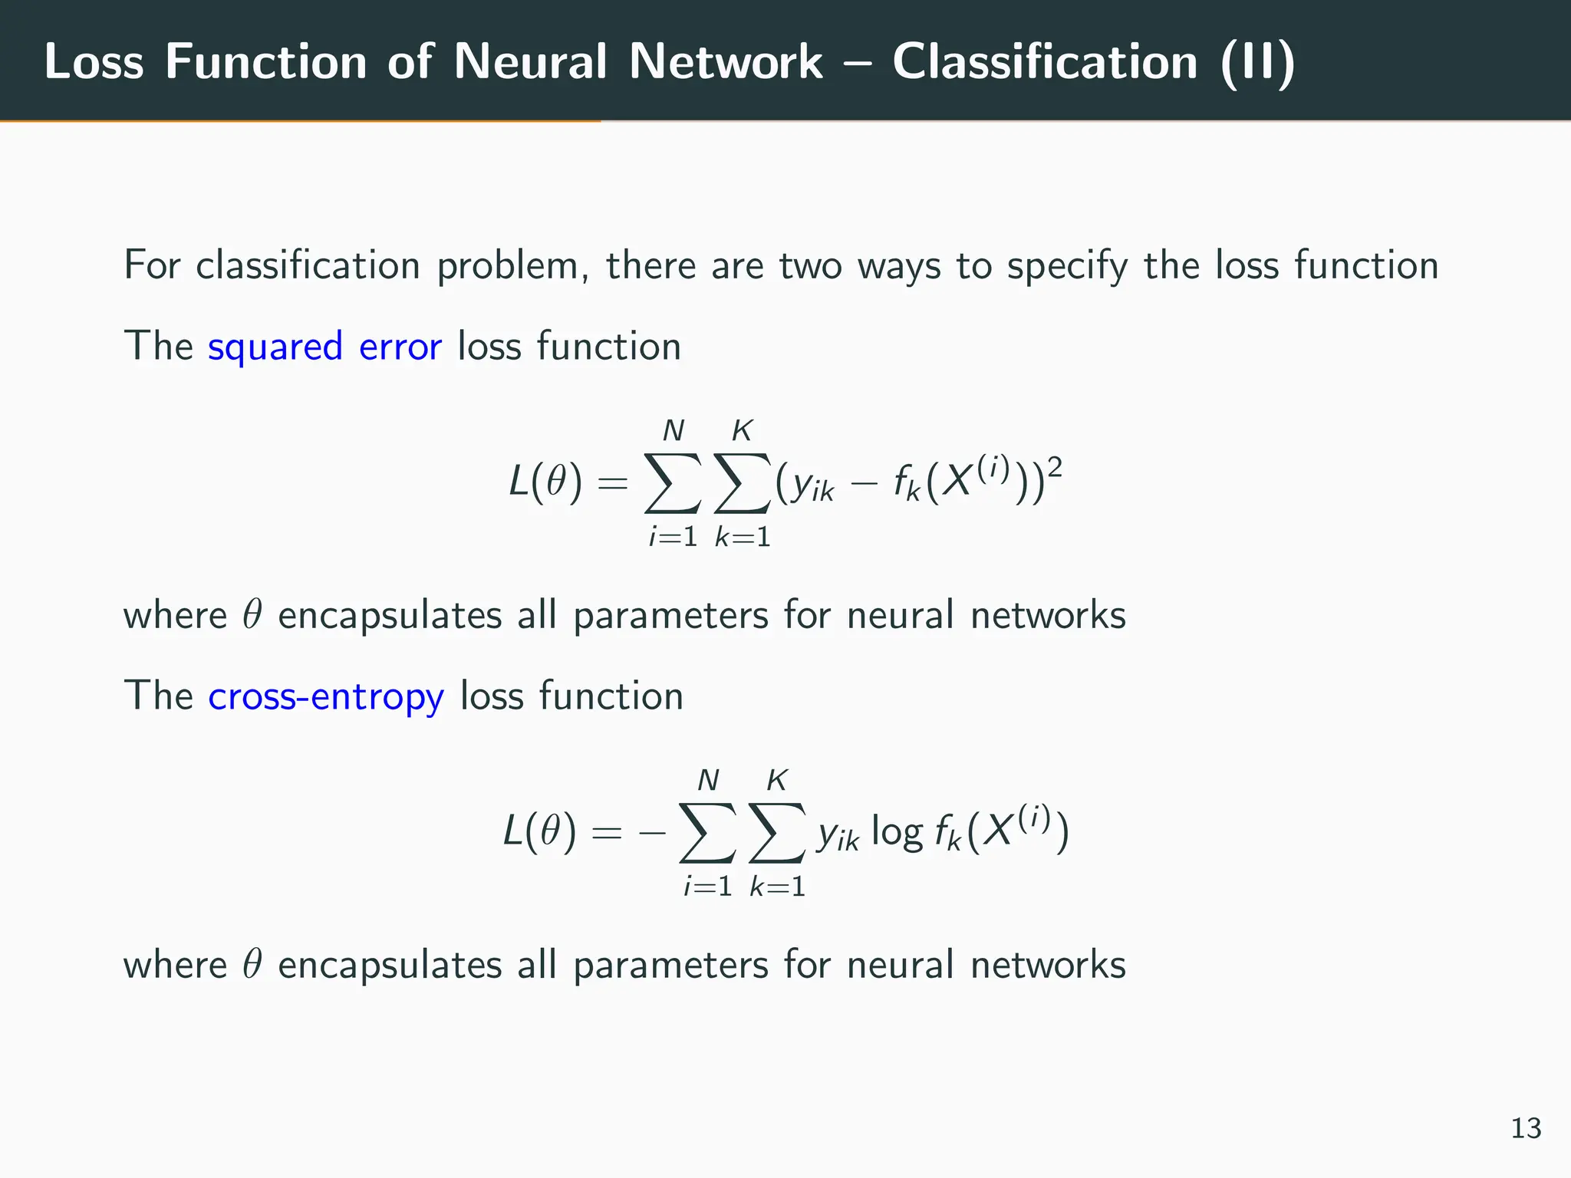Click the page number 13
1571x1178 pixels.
coord(1526,1129)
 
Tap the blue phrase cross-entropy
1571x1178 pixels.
coord(326,696)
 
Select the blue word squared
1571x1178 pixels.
coord(275,347)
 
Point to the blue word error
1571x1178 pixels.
coord(400,347)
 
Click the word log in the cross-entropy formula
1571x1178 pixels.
coord(897,833)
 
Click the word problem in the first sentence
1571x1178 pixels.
coord(513,266)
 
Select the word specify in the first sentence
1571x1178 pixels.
coord(1067,266)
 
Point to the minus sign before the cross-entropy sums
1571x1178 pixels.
coord(652,833)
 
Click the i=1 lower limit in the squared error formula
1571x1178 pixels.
coord(673,537)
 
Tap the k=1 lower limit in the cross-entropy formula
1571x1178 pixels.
coord(777,887)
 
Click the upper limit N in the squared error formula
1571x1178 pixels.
coord(673,432)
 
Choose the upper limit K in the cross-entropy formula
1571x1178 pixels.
coord(777,781)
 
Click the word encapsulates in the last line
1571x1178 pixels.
coord(389,965)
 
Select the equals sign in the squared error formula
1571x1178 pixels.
coord(612,483)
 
